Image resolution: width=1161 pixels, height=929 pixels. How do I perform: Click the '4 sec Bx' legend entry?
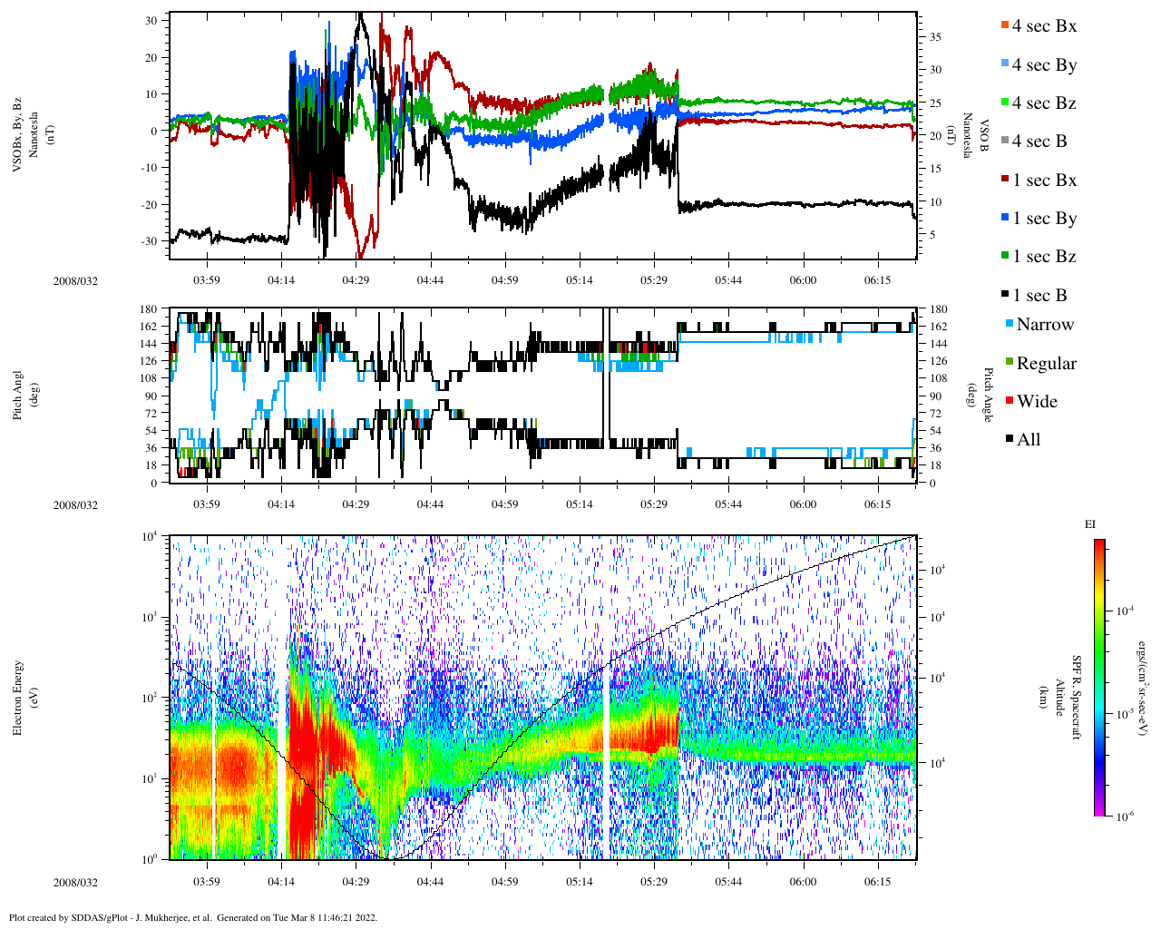coord(1044,26)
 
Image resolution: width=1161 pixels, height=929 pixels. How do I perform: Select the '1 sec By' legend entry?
coord(1044,219)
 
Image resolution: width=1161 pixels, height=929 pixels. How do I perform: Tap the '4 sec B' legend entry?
coord(1039,142)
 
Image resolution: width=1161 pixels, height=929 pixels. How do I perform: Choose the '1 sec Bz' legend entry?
coord(1044,257)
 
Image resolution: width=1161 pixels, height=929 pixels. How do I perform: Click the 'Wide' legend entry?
coord(1037,402)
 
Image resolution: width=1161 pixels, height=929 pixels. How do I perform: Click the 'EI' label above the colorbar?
coord(1090,524)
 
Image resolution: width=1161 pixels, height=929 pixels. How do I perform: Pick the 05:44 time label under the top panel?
coord(728,280)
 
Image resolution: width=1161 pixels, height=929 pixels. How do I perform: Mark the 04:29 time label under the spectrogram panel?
coord(356,882)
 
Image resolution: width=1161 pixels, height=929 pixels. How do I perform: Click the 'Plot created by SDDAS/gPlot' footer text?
coord(193,917)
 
